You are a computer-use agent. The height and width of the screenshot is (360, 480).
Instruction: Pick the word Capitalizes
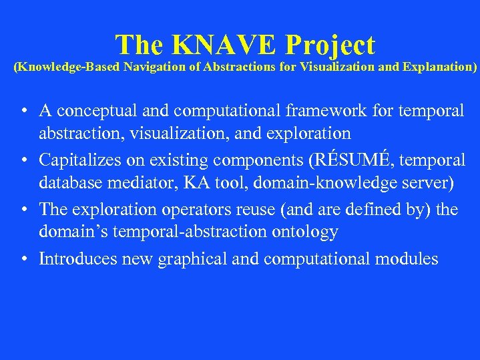79,160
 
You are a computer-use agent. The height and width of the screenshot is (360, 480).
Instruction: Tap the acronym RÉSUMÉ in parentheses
349,160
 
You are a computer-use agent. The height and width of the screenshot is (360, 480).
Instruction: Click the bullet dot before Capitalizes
23,161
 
